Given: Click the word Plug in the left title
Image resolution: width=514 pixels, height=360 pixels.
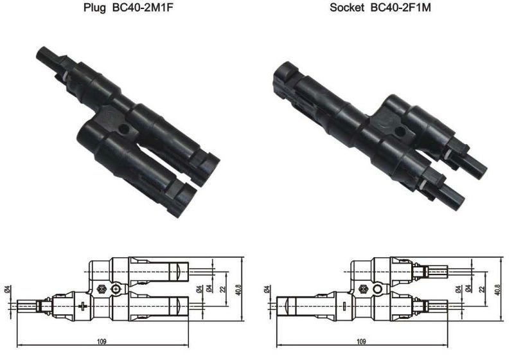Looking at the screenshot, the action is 94,8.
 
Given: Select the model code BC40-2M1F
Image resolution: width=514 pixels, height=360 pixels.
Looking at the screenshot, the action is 142,7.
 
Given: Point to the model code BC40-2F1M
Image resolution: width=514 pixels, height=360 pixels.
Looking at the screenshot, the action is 400,7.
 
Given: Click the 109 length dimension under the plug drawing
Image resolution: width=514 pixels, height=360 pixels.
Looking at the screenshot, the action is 102,341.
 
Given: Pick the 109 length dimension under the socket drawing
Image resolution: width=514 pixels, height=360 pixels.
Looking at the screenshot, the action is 361,341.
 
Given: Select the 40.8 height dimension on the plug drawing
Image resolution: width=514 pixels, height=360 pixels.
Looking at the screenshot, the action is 238,289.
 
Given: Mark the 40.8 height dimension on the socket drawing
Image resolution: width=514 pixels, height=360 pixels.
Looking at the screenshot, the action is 497,289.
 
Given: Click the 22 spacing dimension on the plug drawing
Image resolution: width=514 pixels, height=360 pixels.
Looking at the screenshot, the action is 223,289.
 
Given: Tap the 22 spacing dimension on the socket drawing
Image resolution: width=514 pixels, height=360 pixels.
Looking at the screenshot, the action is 481,289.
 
